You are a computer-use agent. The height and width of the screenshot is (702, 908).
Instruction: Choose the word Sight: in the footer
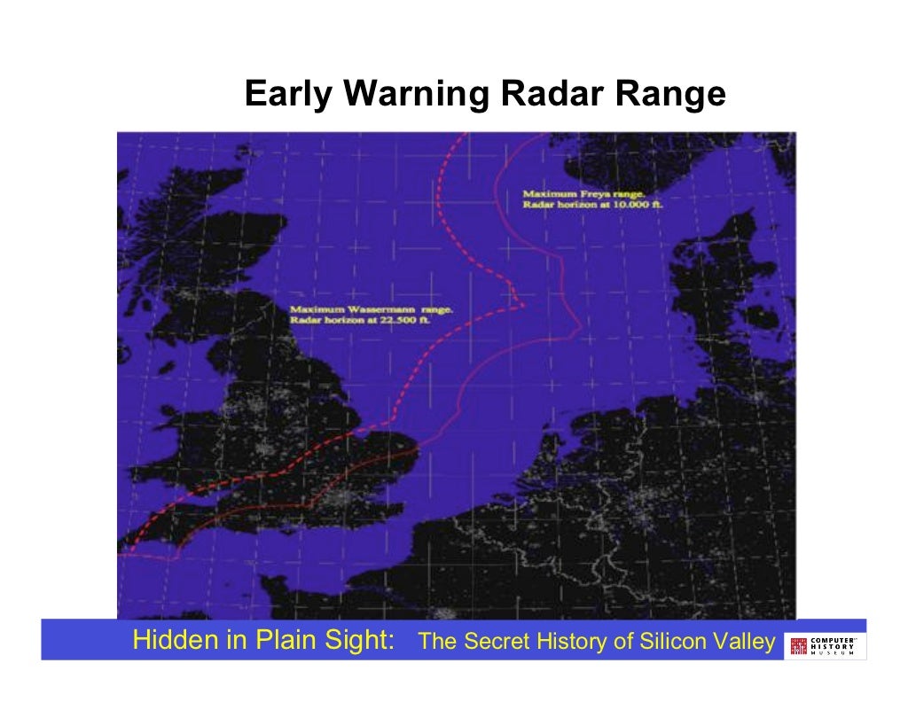(x=358, y=641)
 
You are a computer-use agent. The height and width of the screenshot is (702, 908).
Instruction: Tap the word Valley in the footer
(x=746, y=642)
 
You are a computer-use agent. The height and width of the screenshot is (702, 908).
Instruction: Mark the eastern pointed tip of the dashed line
(x=525, y=307)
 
